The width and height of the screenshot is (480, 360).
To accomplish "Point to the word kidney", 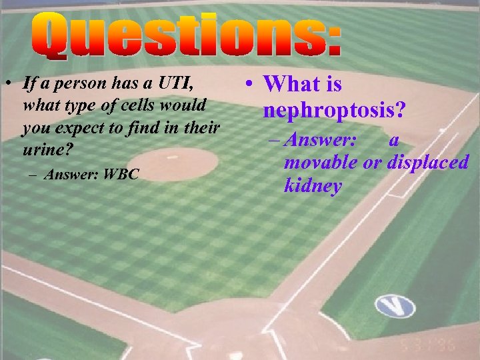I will pos(313,186).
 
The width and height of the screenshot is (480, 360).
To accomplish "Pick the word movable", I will pos(318,163).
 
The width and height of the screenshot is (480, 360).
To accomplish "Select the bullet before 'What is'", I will pos(247,85).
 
